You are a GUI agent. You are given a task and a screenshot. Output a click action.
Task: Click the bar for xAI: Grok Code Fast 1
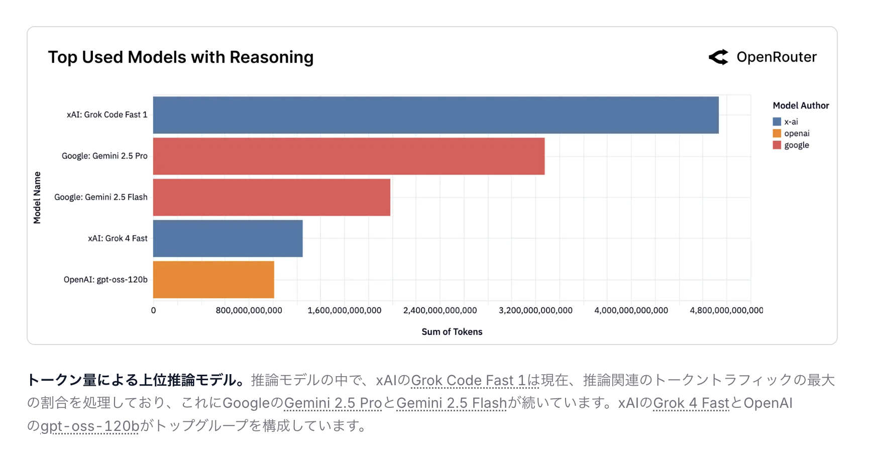click(435, 115)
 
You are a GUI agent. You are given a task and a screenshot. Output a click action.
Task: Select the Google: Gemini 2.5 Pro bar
click(349, 156)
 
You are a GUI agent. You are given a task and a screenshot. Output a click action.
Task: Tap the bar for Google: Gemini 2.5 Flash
click(271, 197)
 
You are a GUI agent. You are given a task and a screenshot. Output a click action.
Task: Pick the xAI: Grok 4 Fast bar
click(228, 239)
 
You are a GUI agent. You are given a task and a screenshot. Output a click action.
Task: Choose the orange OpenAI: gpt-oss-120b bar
click(213, 280)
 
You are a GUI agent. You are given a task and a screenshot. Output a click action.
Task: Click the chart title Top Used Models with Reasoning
click(181, 57)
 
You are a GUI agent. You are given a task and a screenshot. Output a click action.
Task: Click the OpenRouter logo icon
click(718, 57)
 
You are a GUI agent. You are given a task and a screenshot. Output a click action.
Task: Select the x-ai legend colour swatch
click(777, 122)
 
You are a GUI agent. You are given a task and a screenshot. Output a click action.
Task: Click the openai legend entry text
click(797, 134)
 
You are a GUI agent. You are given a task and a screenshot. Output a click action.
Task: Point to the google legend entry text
click(797, 145)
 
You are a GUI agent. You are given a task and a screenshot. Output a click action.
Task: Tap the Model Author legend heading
click(801, 105)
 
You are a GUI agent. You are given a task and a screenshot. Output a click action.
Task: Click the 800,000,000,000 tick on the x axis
click(249, 310)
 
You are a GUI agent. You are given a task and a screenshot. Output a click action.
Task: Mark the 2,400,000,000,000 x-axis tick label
click(440, 310)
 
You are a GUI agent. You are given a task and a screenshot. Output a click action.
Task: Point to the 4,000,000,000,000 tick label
click(631, 310)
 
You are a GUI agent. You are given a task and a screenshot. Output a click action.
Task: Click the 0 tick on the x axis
click(154, 310)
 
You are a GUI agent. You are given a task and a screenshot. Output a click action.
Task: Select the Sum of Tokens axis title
click(452, 332)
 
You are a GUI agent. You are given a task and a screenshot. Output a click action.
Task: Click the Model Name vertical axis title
click(37, 197)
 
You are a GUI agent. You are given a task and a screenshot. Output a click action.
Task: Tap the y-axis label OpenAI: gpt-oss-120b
click(105, 280)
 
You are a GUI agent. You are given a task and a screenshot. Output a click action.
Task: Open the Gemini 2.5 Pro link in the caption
click(333, 403)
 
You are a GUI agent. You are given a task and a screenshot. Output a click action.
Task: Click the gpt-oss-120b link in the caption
click(89, 426)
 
